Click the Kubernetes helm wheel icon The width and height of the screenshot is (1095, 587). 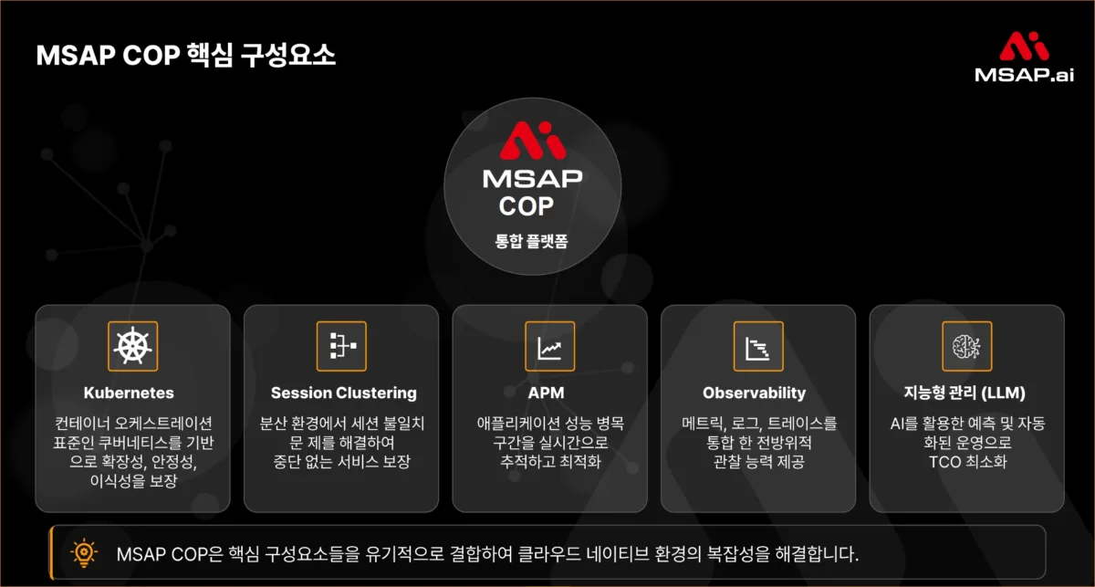pos(132,346)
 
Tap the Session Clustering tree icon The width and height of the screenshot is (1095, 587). pos(341,346)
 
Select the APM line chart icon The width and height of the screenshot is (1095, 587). pos(549,346)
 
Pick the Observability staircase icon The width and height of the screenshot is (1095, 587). pos(758,346)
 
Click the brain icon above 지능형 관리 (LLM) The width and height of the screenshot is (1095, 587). pos(966,346)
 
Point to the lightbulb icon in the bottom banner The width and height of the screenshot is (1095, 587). pos(84,552)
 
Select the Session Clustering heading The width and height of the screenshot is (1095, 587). pos(343,393)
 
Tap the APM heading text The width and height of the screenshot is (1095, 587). pos(549,393)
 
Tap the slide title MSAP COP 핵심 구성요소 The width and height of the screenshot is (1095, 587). pos(186,55)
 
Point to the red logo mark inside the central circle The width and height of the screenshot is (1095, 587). pos(532,141)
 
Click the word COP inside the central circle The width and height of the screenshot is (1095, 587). pos(526,206)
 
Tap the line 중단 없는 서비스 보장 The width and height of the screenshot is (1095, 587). pos(343,462)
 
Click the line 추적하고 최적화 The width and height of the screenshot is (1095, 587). pos(549,462)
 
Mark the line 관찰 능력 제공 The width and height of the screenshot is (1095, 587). pos(758,462)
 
